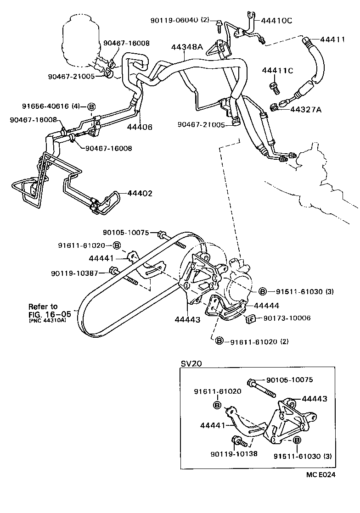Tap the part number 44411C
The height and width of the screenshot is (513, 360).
tap(277, 70)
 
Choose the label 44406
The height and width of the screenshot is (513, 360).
tap(140, 127)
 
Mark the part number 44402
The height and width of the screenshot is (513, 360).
tap(140, 194)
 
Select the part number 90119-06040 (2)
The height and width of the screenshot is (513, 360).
tap(179, 20)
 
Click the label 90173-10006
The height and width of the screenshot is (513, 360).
tap(287, 318)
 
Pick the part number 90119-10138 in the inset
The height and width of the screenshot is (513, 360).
tap(234, 454)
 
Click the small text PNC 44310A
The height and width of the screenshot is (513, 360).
tap(47, 321)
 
